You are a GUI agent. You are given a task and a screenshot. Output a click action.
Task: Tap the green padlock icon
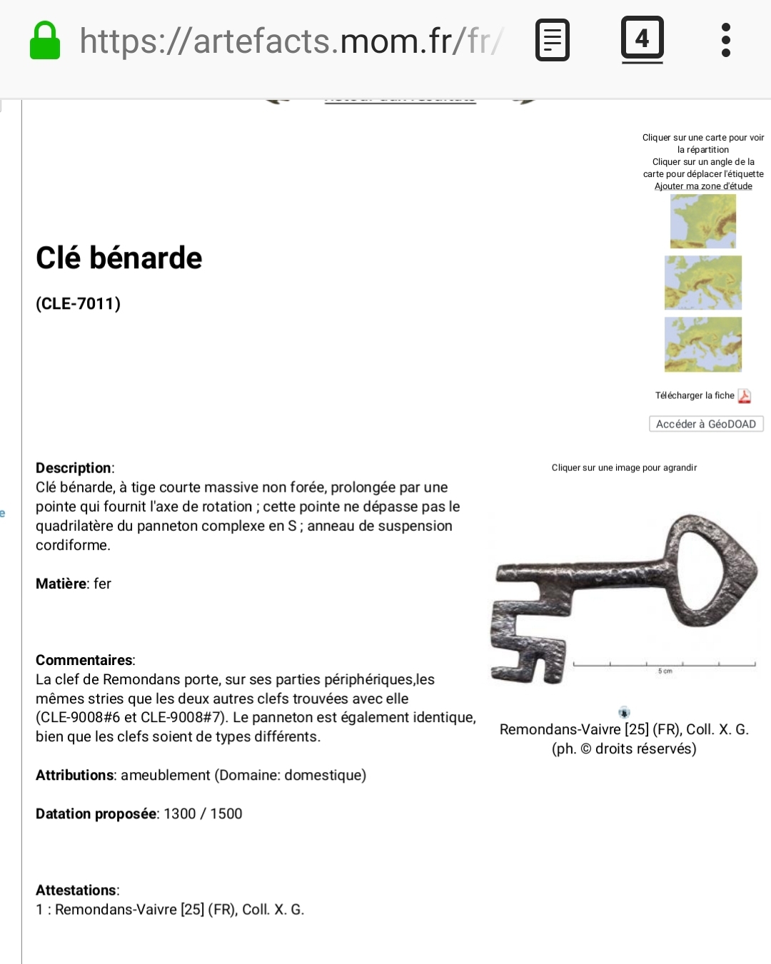pyautogui.click(x=44, y=41)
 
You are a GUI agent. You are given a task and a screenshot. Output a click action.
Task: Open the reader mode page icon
pyautogui.click(x=553, y=40)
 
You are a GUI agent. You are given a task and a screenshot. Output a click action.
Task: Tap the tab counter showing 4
pyautogui.click(x=642, y=39)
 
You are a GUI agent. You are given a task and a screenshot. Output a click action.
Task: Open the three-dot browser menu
pyautogui.click(x=726, y=40)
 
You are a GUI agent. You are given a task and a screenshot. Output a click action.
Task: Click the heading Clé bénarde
pyautogui.click(x=119, y=258)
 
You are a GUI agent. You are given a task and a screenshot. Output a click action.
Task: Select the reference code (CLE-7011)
pyautogui.click(x=79, y=304)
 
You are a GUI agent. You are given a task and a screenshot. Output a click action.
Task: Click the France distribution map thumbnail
pyautogui.click(x=703, y=221)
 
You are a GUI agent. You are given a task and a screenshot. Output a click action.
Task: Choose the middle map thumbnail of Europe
pyautogui.click(x=703, y=283)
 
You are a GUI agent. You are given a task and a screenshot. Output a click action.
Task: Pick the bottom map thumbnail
pyautogui.click(x=703, y=345)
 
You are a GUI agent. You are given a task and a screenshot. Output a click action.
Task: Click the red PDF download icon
pyautogui.click(x=744, y=396)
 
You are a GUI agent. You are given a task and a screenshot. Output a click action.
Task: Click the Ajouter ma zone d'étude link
pyautogui.click(x=703, y=186)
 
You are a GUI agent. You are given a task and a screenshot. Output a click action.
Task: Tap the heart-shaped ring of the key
pyautogui.click(x=710, y=571)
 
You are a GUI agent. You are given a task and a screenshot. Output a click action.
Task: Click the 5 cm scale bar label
pyautogui.click(x=665, y=671)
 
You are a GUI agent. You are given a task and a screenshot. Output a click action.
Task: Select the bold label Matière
pyautogui.click(x=61, y=584)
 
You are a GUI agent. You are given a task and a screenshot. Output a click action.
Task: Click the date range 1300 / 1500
pyautogui.click(x=203, y=814)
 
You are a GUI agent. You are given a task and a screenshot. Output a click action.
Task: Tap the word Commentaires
pyautogui.click(x=84, y=660)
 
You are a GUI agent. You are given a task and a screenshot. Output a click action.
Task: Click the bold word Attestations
pyautogui.click(x=76, y=891)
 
